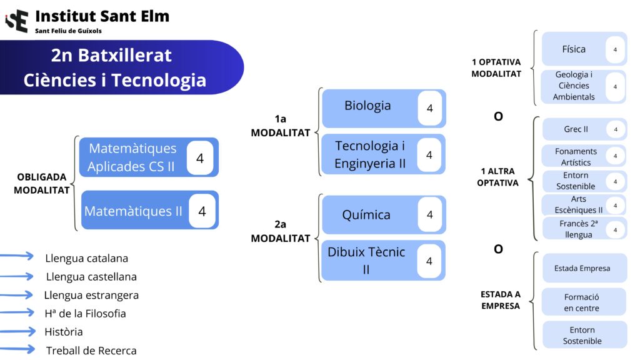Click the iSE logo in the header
tap(17, 20)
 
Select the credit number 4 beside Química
tap(429, 215)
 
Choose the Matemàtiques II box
tap(134, 211)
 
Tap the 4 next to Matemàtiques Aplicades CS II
tap(200, 159)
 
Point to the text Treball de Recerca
tap(91, 351)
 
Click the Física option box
tap(574, 49)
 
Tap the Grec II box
tap(576, 129)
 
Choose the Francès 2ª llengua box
tap(576, 229)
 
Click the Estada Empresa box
tap(582, 268)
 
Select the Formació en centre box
tap(582, 302)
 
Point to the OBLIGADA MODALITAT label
tap(41, 184)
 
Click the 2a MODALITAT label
tap(281, 231)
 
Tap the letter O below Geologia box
tap(498, 116)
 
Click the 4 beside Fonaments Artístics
tap(615, 156)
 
